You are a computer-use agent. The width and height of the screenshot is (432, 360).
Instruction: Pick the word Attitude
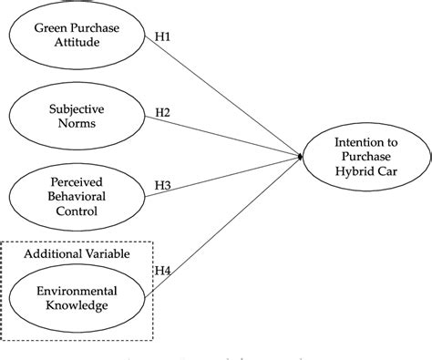[77, 43]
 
